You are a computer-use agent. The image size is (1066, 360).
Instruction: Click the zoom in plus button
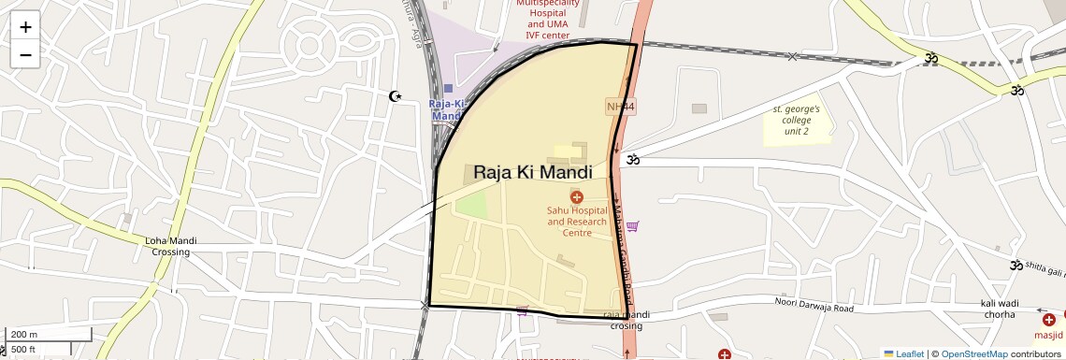coord(25,27)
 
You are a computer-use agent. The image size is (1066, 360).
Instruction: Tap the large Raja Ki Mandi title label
coord(533,173)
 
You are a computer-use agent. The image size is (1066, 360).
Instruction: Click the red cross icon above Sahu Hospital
coord(576,196)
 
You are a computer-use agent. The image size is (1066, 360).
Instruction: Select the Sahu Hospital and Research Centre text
coord(576,222)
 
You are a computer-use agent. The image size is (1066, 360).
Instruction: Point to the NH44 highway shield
coord(620,107)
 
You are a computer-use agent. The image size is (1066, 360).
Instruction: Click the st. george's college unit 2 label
coord(796,121)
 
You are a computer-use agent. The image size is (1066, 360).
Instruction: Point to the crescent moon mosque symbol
coord(395,96)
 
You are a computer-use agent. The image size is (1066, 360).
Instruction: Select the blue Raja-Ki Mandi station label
coord(447,109)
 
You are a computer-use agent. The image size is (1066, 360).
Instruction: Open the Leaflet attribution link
coord(903,353)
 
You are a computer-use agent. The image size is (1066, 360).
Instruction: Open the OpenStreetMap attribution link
coord(973,353)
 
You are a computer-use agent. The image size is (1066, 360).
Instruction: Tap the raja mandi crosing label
coord(627,321)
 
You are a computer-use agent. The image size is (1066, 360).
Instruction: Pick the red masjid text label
coord(1048,334)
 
